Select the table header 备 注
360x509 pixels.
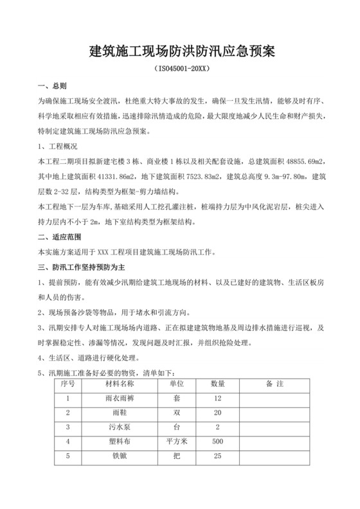275,384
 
